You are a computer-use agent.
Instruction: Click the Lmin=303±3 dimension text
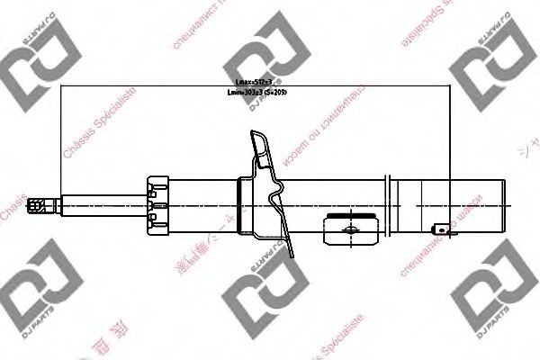pos(261,92)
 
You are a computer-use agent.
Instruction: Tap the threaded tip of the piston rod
pos(38,205)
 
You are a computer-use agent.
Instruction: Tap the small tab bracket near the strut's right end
pos(443,230)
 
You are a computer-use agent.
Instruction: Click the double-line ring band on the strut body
pos(391,204)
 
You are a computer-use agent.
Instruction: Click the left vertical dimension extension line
pos(60,144)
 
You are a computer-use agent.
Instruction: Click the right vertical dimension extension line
pos(450,153)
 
